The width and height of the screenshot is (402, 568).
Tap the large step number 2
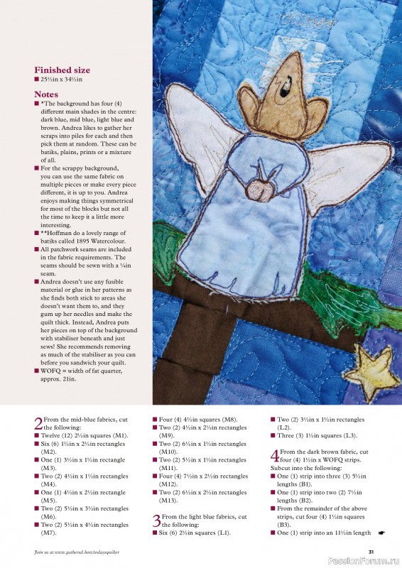point(38,424)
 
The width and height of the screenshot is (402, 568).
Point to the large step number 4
point(274,456)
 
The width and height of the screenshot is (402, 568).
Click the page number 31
point(371,552)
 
